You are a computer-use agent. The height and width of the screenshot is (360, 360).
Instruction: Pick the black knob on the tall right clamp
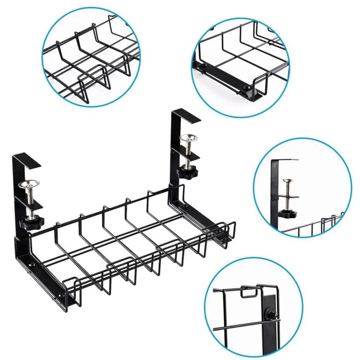[184, 169]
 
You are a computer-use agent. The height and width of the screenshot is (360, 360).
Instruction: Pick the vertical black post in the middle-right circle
[275, 191]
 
